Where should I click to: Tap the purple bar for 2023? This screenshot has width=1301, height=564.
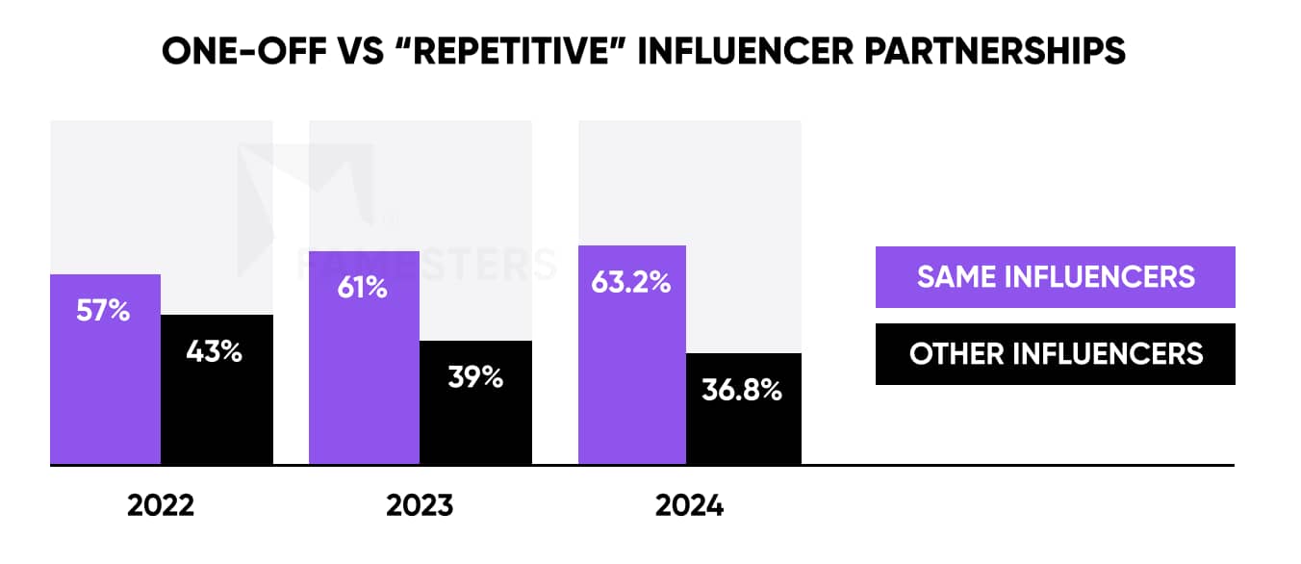(x=364, y=385)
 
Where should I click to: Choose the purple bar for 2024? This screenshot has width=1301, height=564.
(x=631, y=385)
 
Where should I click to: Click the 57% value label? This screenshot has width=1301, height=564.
(x=103, y=312)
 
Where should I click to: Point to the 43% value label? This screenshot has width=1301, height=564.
(x=215, y=351)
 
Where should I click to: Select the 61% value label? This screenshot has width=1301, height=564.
(x=361, y=287)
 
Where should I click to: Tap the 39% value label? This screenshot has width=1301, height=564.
(x=475, y=377)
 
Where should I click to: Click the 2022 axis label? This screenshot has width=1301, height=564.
(x=161, y=505)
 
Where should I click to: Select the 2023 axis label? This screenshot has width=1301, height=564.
(x=419, y=505)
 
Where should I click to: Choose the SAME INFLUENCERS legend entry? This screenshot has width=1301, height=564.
(x=1055, y=277)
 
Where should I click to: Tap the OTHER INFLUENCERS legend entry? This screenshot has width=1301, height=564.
(x=1055, y=353)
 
